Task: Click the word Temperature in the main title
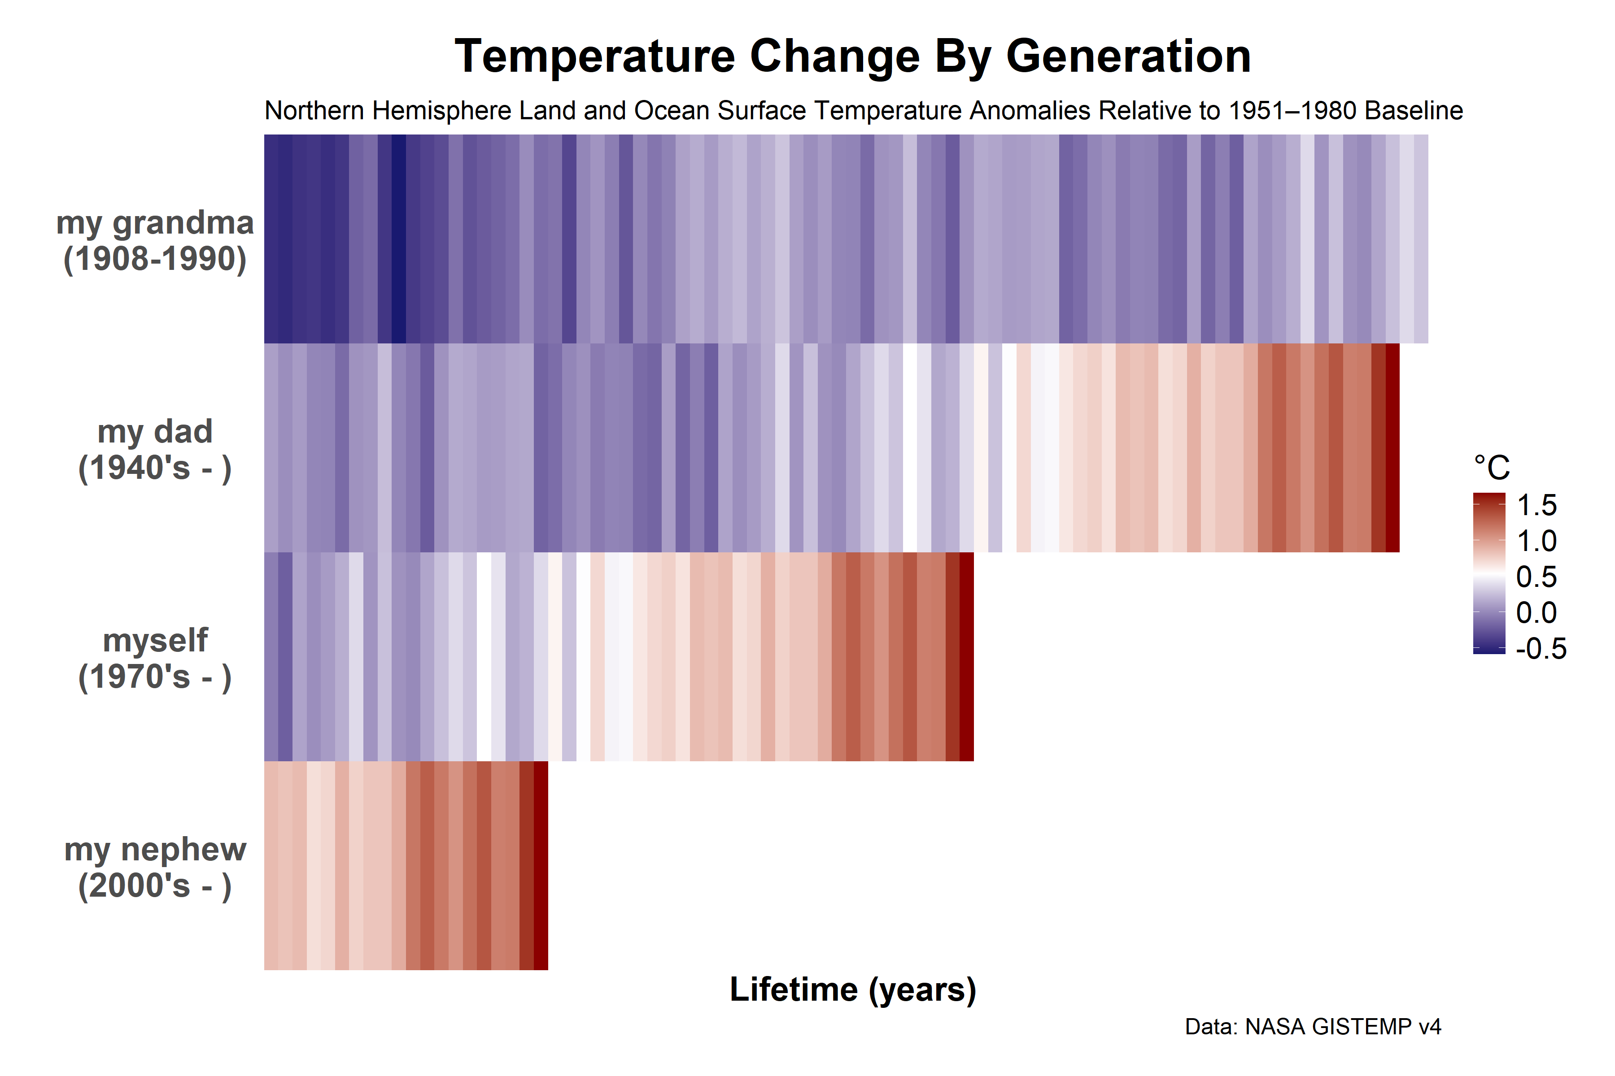(x=595, y=56)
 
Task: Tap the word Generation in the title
(x=1128, y=56)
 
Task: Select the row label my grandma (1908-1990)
(x=155, y=240)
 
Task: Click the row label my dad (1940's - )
(x=155, y=450)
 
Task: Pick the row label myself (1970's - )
(x=155, y=659)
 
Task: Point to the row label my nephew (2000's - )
(x=155, y=868)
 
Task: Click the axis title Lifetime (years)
(x=853, y=989)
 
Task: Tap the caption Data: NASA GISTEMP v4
(x=1313, y=1027)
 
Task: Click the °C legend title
(x=1491, y=468)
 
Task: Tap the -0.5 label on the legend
(x=1541, y=648)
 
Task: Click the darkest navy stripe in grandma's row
(x=399, y=239)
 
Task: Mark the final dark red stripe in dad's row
(x=1392, y=447)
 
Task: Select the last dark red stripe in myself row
(x=967, y=657)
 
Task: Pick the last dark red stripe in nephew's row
(x=541, y=865)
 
